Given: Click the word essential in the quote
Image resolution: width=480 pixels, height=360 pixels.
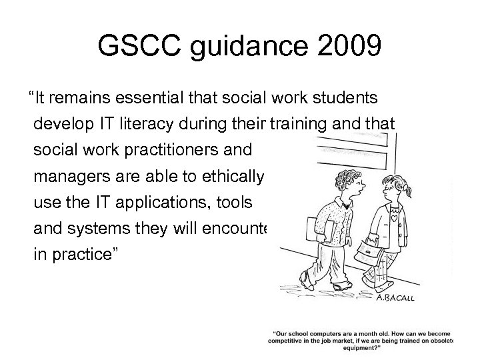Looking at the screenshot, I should pos(149,99).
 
